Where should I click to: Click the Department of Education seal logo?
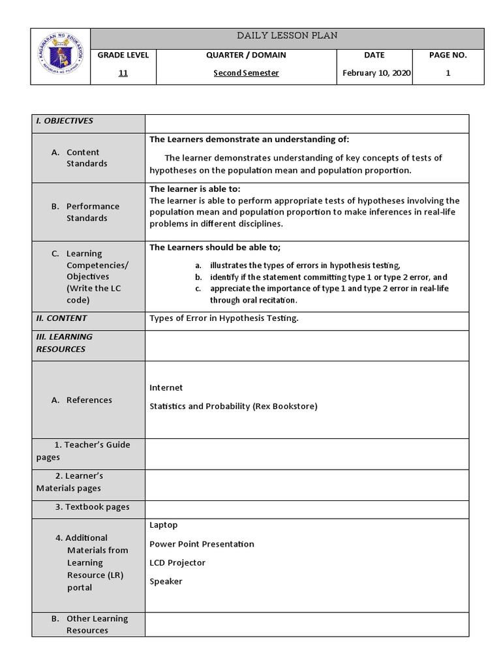60,56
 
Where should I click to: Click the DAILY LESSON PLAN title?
287,36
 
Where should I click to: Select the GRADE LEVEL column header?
123,55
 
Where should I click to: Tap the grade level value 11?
123,73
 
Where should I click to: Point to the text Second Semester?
246,73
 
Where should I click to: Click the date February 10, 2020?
376,73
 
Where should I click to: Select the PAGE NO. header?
448,55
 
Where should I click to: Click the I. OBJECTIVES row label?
65,121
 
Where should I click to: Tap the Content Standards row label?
86,158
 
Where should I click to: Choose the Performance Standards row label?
93,212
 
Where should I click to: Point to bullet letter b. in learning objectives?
198,277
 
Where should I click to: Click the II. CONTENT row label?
61,318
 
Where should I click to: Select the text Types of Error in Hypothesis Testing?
224,318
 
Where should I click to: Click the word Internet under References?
166,387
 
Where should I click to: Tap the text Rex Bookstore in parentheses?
285,406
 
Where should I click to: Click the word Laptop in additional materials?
163,525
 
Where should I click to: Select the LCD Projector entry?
177,562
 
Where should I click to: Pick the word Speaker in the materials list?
166,581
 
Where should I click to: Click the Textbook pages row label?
92,507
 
